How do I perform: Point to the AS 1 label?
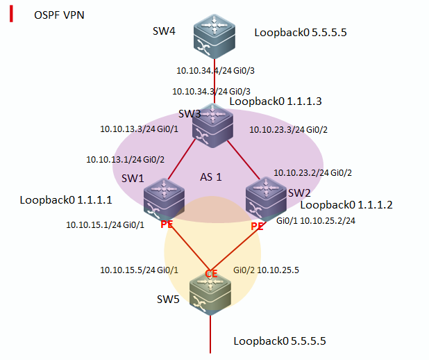pos(210,177)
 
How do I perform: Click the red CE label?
pos(212,274)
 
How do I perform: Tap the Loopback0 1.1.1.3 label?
pos(276,101)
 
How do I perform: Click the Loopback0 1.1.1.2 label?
pos(346,205)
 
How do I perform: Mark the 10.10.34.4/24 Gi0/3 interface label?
pos(207,70)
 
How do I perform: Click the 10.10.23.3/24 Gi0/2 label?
pos(288,129)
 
